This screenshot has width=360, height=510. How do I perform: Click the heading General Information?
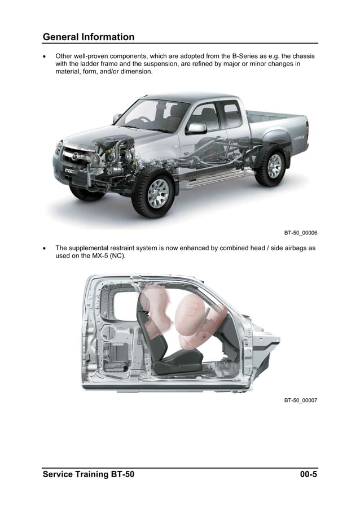coord(89,37)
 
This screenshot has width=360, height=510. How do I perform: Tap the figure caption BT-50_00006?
coord(300,233)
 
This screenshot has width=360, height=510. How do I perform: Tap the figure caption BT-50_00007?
coord(300,400)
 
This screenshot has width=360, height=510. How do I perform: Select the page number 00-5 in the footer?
coord(308,474)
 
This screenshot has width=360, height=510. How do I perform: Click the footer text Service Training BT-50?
coord(89,474)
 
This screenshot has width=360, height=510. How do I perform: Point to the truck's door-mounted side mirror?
coord(196,128)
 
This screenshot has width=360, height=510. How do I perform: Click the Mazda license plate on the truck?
coord(72,171)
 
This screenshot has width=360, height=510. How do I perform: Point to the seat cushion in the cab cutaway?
coord(175,361)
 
